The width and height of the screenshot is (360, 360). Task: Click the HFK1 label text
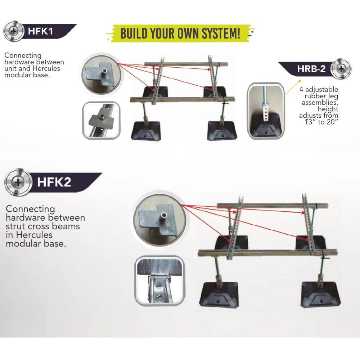[40, 31]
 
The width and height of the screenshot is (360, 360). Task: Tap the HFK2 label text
[54, 182]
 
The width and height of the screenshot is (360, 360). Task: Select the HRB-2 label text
[311, 69]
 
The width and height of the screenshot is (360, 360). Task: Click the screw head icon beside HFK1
[14, 31]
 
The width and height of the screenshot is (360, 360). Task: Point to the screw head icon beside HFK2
[18, 183]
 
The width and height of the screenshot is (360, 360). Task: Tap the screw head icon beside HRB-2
[341, 68]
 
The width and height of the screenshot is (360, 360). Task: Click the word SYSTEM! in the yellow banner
[221, 33]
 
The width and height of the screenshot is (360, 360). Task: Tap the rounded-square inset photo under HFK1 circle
[101, 120]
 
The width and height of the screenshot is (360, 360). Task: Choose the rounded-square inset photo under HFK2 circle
[159, 281]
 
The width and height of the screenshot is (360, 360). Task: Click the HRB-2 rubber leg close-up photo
[266, 111]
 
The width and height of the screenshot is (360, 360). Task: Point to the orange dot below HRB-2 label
[300, 81]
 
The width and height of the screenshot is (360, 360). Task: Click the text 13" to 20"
[321, 122]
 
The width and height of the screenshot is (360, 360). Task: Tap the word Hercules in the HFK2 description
[34, 235]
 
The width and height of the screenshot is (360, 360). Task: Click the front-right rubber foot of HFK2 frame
[320, 294]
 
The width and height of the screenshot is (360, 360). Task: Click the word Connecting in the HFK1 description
[23, 55]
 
